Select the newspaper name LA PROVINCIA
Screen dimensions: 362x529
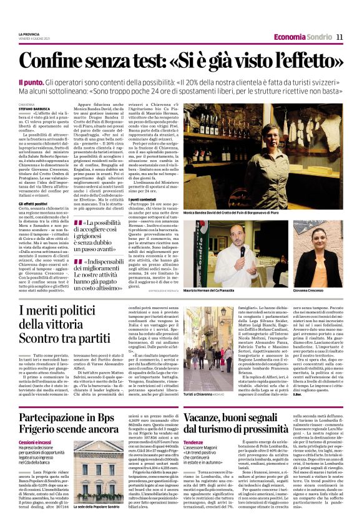pyautogui.click(x=29, y=34)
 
